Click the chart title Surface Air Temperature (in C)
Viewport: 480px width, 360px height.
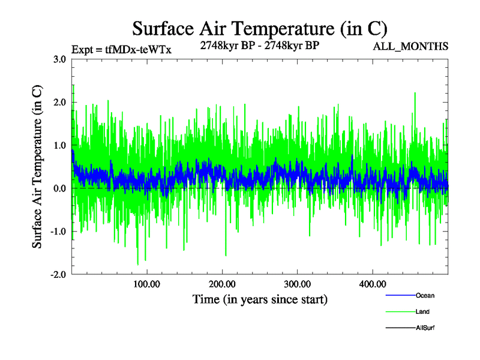point(260,28)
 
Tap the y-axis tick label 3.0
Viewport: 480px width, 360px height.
point(59,59)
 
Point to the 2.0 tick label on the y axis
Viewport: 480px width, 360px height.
point(59,103)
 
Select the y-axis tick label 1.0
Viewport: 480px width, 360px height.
point(59,146)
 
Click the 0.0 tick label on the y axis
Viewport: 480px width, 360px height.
point(59,188)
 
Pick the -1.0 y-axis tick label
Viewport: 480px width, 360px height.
point(57,232)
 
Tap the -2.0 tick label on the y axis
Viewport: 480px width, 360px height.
point(57,275)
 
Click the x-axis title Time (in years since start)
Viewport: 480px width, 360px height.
point(260,299)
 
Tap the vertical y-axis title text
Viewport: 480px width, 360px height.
point(37,167)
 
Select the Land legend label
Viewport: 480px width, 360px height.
point(422,311)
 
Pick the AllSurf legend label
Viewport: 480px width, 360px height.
point(425,328)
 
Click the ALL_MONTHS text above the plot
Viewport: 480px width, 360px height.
point(411,47)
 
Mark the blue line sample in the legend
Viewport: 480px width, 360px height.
point(400,295)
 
